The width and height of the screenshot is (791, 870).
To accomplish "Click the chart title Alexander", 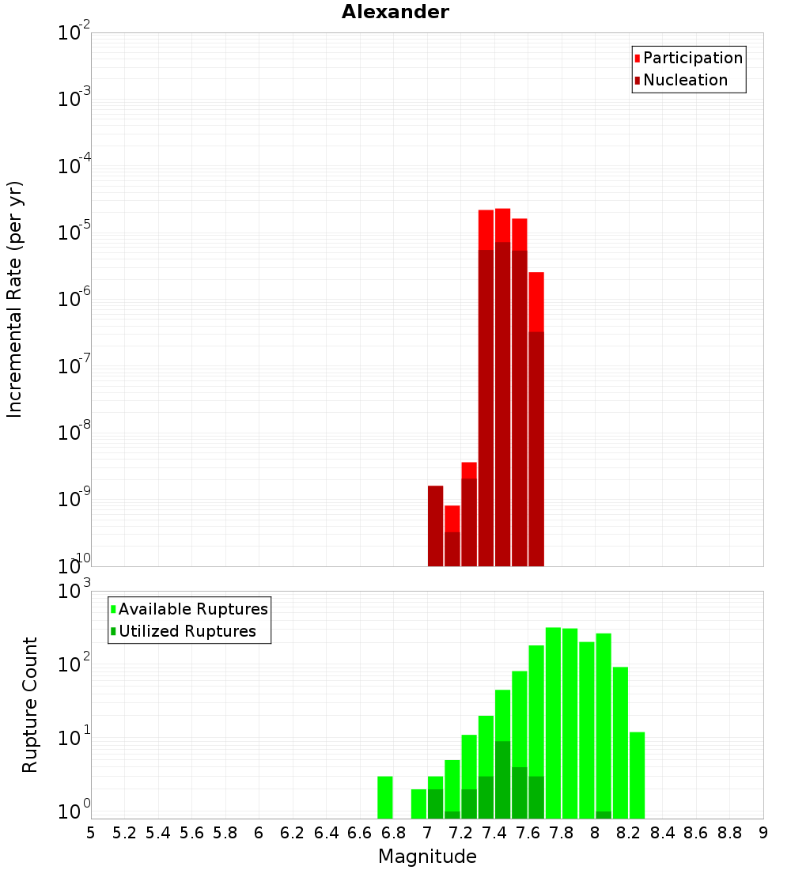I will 395,12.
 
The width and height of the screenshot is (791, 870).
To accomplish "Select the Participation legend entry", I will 692,58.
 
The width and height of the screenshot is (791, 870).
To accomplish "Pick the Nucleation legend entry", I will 684,80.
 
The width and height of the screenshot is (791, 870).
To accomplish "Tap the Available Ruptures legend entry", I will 192,609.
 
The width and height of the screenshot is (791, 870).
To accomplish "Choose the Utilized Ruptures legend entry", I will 186,631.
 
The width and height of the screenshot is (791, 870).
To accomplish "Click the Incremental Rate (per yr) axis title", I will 15,299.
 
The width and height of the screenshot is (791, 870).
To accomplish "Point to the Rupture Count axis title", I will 30,705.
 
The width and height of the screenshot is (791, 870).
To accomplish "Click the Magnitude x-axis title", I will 427,857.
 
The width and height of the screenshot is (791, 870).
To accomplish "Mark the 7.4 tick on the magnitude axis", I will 494,833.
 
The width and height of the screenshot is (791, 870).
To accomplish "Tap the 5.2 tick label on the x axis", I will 124,833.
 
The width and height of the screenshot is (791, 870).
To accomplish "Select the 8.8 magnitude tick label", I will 729,833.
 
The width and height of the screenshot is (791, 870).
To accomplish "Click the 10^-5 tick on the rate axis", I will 74,233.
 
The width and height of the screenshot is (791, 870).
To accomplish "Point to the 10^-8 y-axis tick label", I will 74,433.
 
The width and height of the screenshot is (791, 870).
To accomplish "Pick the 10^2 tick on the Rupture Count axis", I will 74,664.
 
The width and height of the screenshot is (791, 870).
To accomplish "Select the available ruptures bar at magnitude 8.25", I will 638,775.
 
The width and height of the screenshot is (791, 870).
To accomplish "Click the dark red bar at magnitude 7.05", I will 435,526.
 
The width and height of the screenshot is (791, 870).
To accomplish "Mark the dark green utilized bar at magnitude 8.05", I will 604,815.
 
